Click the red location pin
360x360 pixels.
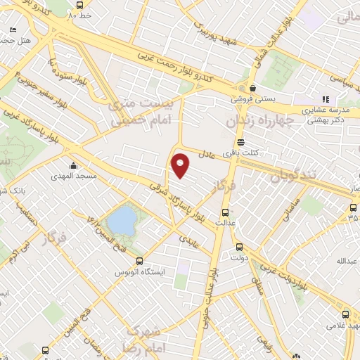click(181, 164)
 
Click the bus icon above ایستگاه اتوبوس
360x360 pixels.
click(129, 258)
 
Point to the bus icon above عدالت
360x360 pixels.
click(225, 212)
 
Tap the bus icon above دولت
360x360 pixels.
click(239, 247)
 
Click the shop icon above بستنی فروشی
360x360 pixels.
click(252, 88)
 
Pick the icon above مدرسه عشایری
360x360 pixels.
click(325, 99)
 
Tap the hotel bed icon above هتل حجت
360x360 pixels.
click(13, 30)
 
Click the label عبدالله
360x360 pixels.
click(347, 261)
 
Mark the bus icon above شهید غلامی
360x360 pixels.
click(345, 314)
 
